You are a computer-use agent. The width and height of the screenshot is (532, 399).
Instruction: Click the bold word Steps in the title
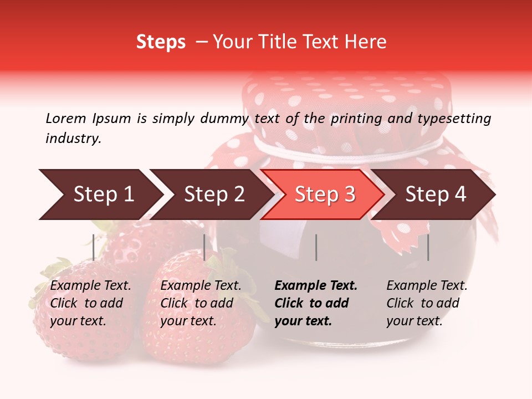[161, 42]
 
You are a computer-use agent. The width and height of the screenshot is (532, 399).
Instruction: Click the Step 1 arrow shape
[100, 195]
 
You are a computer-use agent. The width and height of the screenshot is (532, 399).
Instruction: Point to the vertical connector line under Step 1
[94, 247]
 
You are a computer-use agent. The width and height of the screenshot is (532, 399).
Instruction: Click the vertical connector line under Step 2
[204, 247]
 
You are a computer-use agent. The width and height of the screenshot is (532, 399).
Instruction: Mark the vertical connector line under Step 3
[316, 247]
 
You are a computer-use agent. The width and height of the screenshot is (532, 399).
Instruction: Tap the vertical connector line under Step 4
[428, 247]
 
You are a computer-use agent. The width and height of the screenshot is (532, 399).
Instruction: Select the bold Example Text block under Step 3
[316, 303]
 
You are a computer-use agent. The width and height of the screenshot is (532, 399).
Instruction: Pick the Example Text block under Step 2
[201, 303]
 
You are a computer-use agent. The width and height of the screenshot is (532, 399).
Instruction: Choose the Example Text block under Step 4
[427, 303]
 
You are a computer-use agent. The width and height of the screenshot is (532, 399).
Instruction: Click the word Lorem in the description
[66, 118]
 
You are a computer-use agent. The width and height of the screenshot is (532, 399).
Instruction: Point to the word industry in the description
[73, 139]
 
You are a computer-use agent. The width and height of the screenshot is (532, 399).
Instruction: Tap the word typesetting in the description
[455, 119]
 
